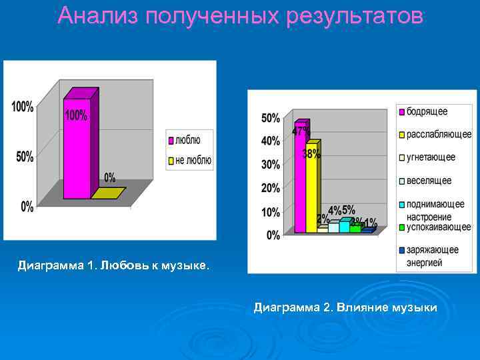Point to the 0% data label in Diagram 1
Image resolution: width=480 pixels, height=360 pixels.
[110, 177]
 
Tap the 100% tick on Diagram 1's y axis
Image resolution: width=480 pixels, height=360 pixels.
[22, 107]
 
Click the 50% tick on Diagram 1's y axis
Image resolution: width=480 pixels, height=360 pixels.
[24, 157]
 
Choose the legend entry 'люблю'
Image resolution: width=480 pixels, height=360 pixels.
[187, 141]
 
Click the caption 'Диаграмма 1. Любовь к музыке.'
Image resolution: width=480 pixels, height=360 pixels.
[113, 267]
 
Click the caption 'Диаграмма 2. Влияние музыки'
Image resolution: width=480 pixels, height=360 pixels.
[345, 307]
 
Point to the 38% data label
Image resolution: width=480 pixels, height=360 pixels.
[311, 154]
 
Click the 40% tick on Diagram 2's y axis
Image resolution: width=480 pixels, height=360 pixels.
[270, 141]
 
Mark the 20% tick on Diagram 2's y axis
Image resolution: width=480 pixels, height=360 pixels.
[270, 189]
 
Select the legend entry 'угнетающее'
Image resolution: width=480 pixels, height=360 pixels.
[431, 157]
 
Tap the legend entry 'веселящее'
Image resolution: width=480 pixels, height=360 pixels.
[429, 181]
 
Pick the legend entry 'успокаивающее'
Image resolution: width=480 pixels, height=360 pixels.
[439, 227]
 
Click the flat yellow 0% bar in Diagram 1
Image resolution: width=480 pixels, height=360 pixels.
[108, 193]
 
